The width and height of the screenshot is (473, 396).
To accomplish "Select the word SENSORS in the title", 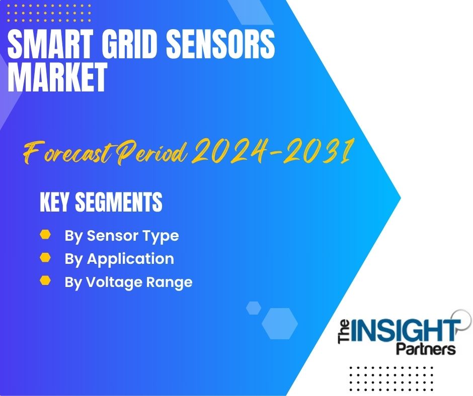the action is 221,45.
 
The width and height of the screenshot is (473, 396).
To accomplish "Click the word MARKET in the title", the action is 57,77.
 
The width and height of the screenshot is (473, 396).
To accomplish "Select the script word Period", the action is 152,152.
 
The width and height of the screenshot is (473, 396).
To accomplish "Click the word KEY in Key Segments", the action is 54,202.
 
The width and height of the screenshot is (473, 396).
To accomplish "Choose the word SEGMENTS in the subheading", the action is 119,202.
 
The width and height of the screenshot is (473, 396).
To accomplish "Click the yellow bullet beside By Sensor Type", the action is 45,234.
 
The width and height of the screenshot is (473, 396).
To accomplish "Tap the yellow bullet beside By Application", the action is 45,257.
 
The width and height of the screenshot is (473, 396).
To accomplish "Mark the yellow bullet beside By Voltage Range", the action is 45,280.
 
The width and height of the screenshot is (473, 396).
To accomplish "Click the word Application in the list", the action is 131,259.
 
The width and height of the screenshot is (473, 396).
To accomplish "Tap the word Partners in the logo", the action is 426,349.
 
